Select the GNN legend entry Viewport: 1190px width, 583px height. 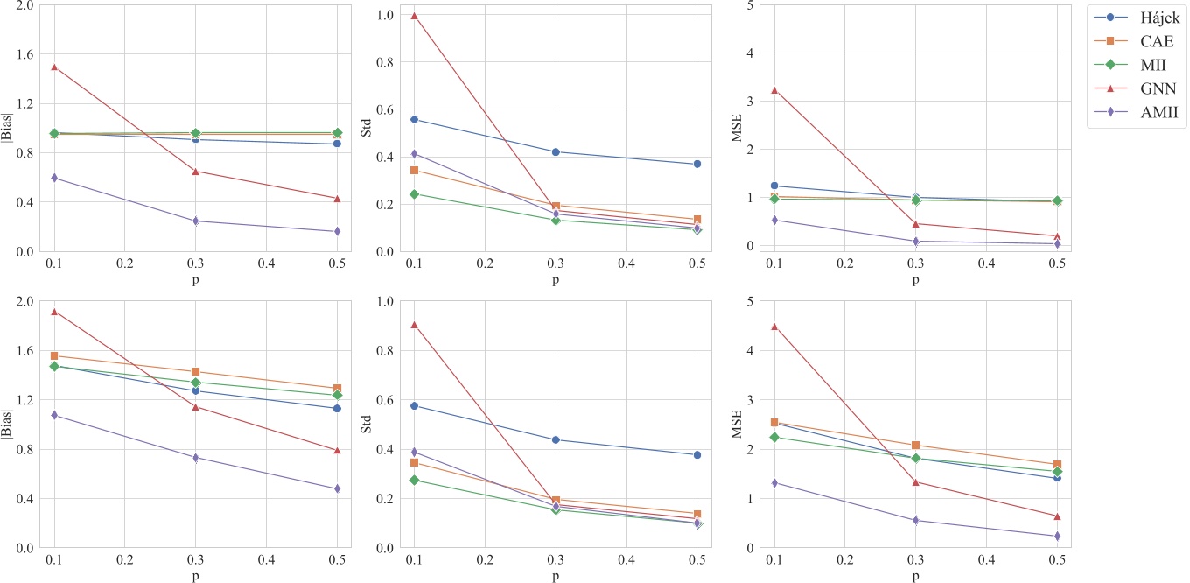click(1134, 88)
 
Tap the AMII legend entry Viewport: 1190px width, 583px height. click(1134, 112)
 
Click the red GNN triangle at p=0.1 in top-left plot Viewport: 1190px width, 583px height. click(53, 67)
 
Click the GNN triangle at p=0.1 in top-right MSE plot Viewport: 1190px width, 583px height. click(773, 90)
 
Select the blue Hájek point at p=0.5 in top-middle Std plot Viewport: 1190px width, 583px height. click(697, 164)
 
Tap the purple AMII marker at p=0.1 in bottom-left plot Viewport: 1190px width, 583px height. click(53, 415)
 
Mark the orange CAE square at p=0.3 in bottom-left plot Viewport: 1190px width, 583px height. click(196, 372)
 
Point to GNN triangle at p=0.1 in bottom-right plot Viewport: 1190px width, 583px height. click(773, 327)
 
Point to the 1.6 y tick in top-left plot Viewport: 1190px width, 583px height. click(24, 54)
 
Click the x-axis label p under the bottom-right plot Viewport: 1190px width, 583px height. click(915, 578)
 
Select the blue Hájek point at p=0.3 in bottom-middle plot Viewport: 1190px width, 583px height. click(556, 439)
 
